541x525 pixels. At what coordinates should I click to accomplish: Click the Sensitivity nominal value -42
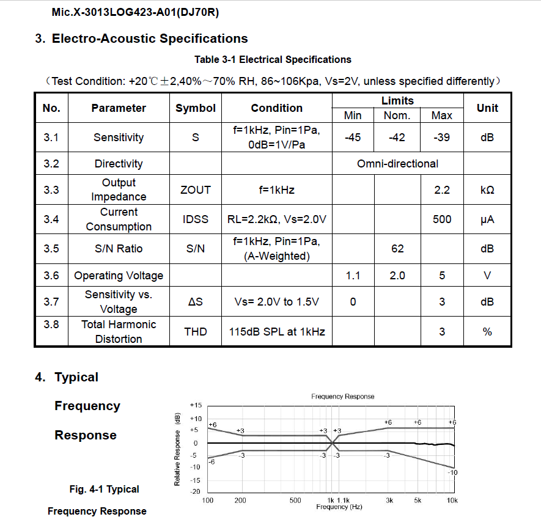pos(397,138)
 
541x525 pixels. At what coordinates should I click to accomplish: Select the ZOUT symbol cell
pos(196,190)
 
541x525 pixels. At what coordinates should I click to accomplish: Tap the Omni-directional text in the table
pos(397,164)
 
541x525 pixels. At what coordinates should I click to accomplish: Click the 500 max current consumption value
pos(442,219)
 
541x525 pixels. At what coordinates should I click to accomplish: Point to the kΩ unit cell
pos(487,190)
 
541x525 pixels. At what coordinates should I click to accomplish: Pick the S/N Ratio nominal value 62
pos(397,249)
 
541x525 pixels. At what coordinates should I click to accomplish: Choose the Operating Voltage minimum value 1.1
pos(353,276)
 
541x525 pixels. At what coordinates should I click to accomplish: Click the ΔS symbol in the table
pos(196,302)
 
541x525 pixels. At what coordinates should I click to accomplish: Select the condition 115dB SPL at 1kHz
pos(277,332)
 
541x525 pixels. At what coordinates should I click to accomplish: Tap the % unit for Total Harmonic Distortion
pos(487,332)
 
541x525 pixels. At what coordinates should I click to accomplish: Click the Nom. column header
pos(397,116)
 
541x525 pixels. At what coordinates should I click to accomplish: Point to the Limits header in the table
pos(397,101)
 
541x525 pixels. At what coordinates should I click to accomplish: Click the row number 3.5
pos(51,249)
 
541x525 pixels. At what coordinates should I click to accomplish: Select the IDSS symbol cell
pos(196,219)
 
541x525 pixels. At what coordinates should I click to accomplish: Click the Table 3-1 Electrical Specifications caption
pos(273,60)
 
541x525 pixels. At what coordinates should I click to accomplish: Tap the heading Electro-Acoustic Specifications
pos(150,39)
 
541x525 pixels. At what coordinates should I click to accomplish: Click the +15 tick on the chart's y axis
pos(196,405)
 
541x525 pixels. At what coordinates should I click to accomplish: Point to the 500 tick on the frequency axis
pos(295,501)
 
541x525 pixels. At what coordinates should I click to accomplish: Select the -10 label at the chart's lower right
pos(452,472)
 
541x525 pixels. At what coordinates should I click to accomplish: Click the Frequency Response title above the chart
pos(342,397)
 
